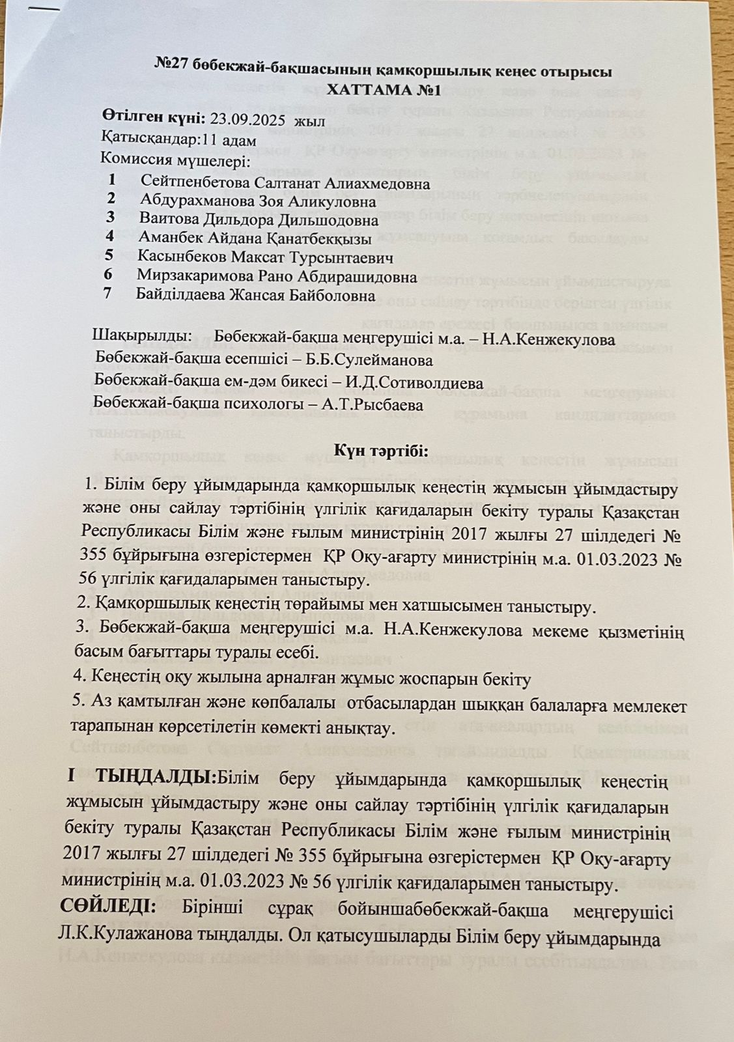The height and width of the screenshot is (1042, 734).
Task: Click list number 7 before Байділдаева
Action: point(107,294)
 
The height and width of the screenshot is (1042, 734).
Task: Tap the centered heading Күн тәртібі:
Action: point(381,451)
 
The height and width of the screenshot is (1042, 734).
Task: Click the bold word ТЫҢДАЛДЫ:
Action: point(155,777)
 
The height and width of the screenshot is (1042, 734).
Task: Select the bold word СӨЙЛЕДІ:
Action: point(109,907)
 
